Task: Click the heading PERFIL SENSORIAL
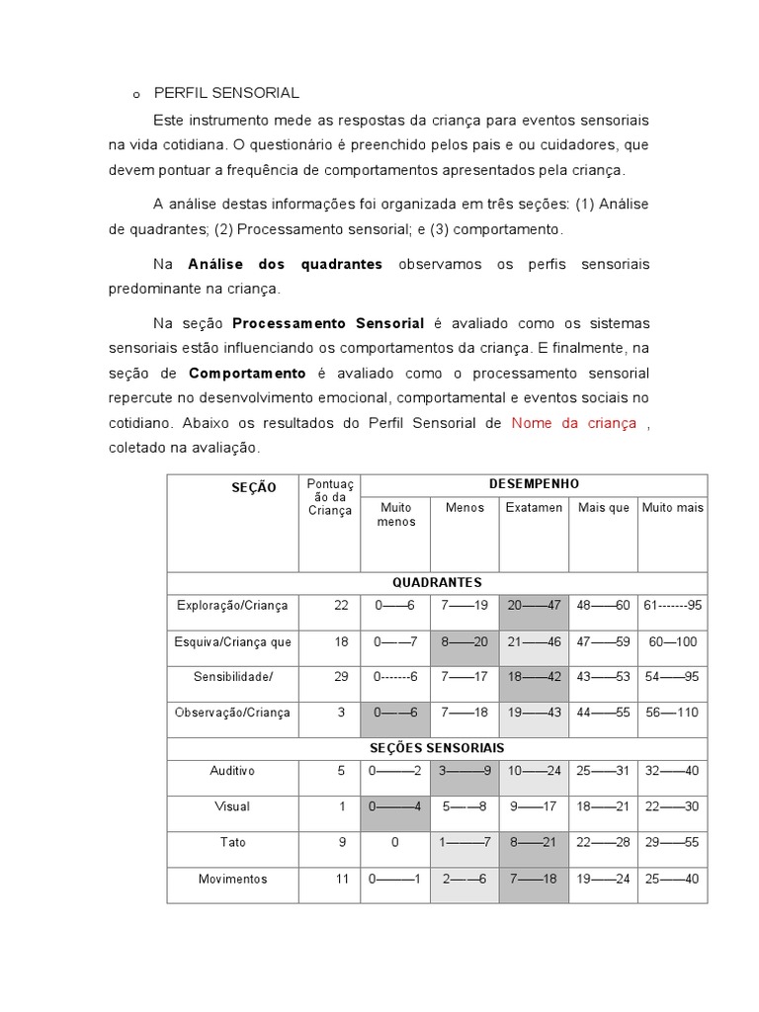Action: click(x=226, y=93)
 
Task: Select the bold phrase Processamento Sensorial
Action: click(x=328, y=324)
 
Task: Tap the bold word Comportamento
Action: click(x=248, y=374)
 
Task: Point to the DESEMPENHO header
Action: click(x=534, y=484)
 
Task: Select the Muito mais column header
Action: click(x=672, y=508)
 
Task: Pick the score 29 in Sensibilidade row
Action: click(x=341, y=677)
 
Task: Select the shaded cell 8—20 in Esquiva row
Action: click(x=464, y=641)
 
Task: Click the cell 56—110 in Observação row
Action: click(x=672, y=714)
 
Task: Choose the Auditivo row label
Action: click(x=233, y=771)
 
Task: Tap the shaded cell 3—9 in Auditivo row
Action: click(x=464, y=771)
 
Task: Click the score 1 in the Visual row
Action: click(x=342, y=806)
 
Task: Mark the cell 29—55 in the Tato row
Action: click(x=672, y=843)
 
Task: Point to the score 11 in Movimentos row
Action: click(x=341, y=879)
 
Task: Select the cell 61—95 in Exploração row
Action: click(x=672, y=605)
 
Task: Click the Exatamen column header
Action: click(x=534, y=508)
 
